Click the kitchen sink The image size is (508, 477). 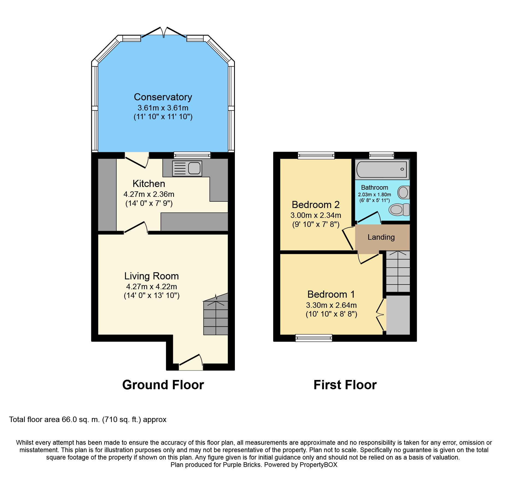tap(187, 168)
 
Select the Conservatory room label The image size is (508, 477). tap(163, 97)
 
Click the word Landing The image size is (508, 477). tap(381, 237)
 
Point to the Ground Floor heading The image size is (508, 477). tap(163, 385)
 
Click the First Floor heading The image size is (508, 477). tap(345, 385)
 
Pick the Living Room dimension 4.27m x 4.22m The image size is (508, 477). tap(152, 286)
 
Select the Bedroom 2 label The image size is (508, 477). tap(316, 204)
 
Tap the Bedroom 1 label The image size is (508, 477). tap(331, 294)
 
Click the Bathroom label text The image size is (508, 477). tap(374, 188)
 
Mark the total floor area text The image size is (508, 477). tap(88, 420)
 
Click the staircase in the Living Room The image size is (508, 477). tap(216, 314)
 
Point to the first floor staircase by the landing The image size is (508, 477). tap(398, 271)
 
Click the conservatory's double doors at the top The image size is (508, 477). tap(164, 33)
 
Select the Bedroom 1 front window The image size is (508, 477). tap(314, 338)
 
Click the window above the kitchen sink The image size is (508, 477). tap(192, 155)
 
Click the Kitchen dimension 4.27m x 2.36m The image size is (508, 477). tap(149, 194)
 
